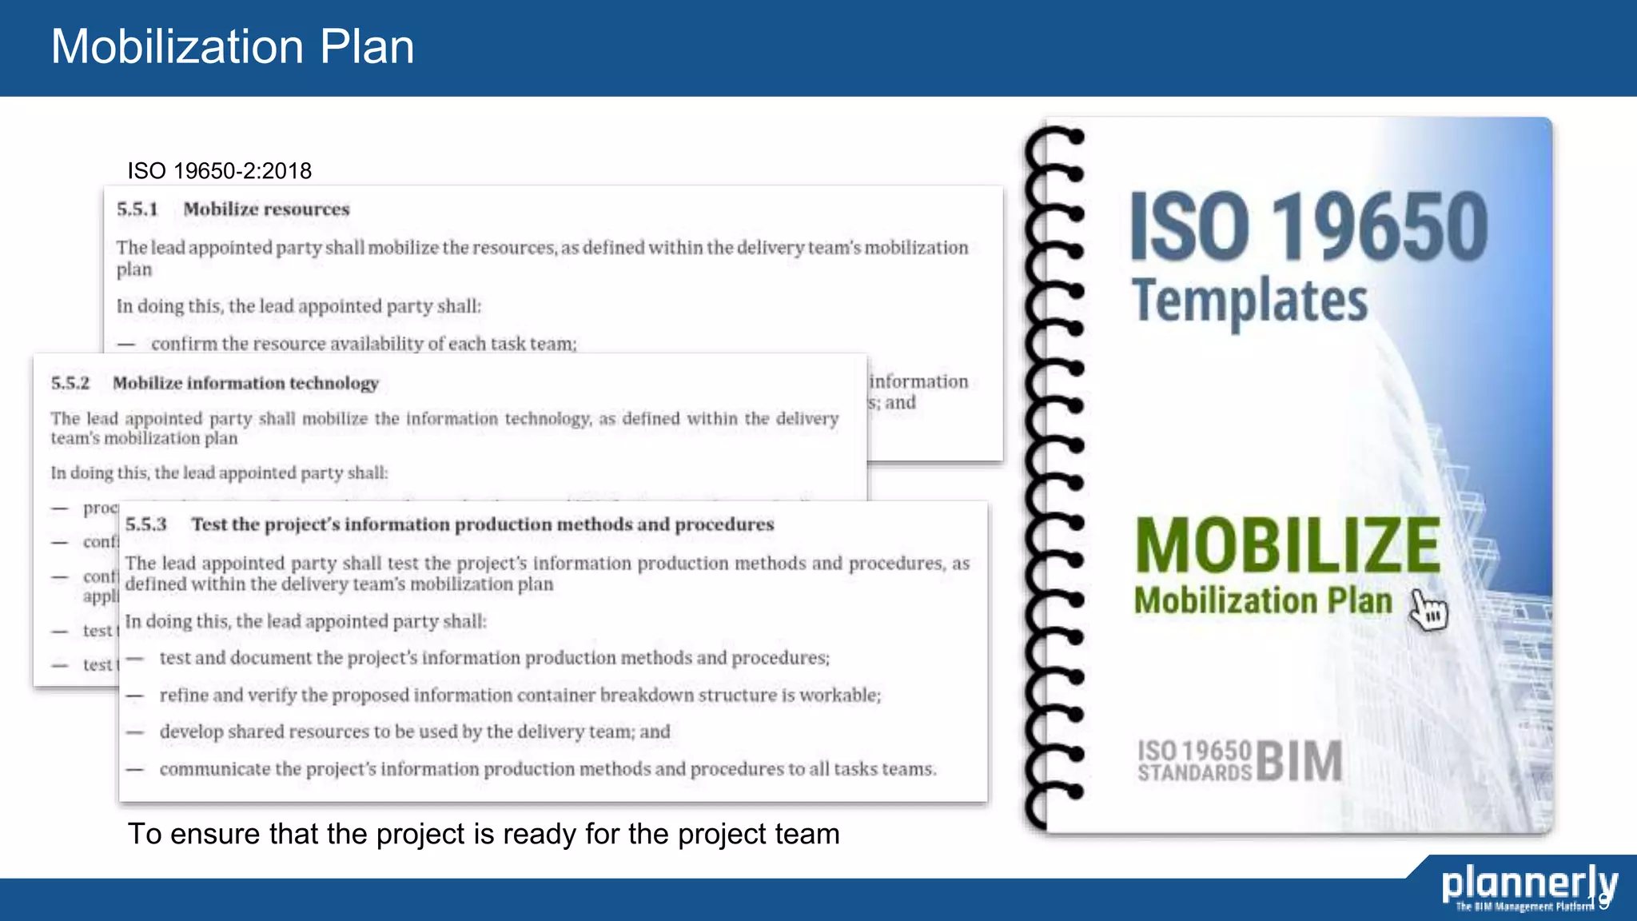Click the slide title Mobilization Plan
click(233, 46)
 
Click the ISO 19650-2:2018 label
click(219, 170)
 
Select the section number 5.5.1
click(137, 209)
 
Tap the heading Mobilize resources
click(266, 209)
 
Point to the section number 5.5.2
click(70, 383)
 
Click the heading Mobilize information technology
click(245, 383)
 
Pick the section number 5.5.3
click(145, 524)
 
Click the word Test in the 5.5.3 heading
click(209, 524)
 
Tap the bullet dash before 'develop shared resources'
click(135, 732)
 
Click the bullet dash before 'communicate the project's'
click(135, 769)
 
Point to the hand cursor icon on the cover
click(1428, 611)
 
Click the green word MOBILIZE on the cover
click(1287, 545)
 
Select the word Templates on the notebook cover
click(1249, 301)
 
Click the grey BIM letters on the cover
click(1299, 760)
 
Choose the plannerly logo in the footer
click(1528, 886)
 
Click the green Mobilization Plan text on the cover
click(1263, 601)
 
